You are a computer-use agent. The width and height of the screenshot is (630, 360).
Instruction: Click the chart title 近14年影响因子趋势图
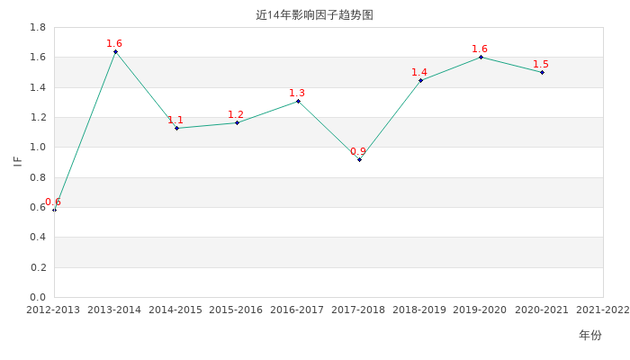[x=315, y=15]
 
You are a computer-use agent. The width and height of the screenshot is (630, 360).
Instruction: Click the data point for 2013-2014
[x=116, y=52]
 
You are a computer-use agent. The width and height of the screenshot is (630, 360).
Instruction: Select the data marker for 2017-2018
[x=360, y=160]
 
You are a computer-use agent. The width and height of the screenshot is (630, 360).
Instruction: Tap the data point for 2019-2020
[x=481, y=57]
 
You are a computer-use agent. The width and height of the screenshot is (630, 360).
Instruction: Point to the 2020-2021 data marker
[x=542, y=72]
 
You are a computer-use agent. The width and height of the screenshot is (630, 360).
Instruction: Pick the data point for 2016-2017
[x=298, y=101]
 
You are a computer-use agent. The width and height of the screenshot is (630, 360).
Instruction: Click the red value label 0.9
[x=358, y=151]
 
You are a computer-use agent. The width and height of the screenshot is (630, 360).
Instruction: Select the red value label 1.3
[x=297, y=93]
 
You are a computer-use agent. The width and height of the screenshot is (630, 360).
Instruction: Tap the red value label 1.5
[x=541, y=64]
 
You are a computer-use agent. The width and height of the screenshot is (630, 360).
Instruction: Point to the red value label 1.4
[x=419, y=72]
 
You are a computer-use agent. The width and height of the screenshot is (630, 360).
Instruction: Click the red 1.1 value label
[x=175, y=120]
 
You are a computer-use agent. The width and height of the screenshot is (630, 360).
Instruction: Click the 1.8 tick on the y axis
[x=38, y=27]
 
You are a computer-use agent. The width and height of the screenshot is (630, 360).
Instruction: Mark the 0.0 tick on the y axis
[x=38, y=297]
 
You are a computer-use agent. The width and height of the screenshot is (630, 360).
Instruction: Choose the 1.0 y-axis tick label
[x=38, y=147]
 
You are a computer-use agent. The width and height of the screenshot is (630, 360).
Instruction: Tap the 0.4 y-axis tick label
[x=38, y=237]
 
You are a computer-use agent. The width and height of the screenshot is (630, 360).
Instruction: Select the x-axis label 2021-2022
[x=603, y=310]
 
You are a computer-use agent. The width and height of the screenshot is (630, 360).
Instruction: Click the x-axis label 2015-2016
[x=236, y=310]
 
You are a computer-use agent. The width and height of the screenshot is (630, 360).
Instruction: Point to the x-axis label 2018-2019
[x=419, y=310]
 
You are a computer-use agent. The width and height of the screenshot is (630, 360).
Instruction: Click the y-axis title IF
[x=18, y=161]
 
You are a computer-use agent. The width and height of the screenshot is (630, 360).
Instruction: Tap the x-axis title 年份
[x=590, y=335]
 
